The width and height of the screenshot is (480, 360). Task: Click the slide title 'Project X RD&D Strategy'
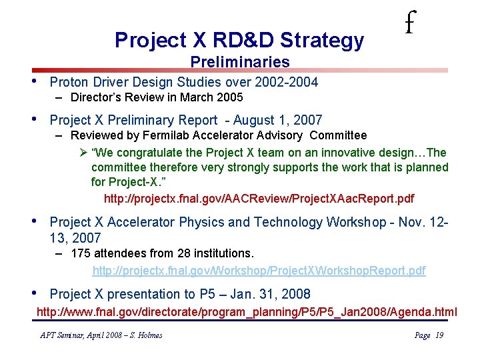tap(239, 41)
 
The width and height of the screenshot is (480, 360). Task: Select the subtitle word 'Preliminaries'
tap(239, 62)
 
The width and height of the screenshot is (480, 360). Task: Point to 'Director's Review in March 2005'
tap(157, 97)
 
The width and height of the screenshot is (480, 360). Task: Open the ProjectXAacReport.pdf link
tap(259, 199)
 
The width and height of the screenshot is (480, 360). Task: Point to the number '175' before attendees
tap(81, 254)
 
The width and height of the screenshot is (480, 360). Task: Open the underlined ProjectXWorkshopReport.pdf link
tap(259, 270)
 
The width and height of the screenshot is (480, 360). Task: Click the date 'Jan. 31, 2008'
tap(273, 294)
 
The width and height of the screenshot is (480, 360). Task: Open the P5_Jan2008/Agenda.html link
tap(247, 311)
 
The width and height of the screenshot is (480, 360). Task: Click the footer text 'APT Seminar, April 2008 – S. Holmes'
tap(101, 335)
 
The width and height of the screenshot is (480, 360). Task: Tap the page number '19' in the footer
tap(439, 335)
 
